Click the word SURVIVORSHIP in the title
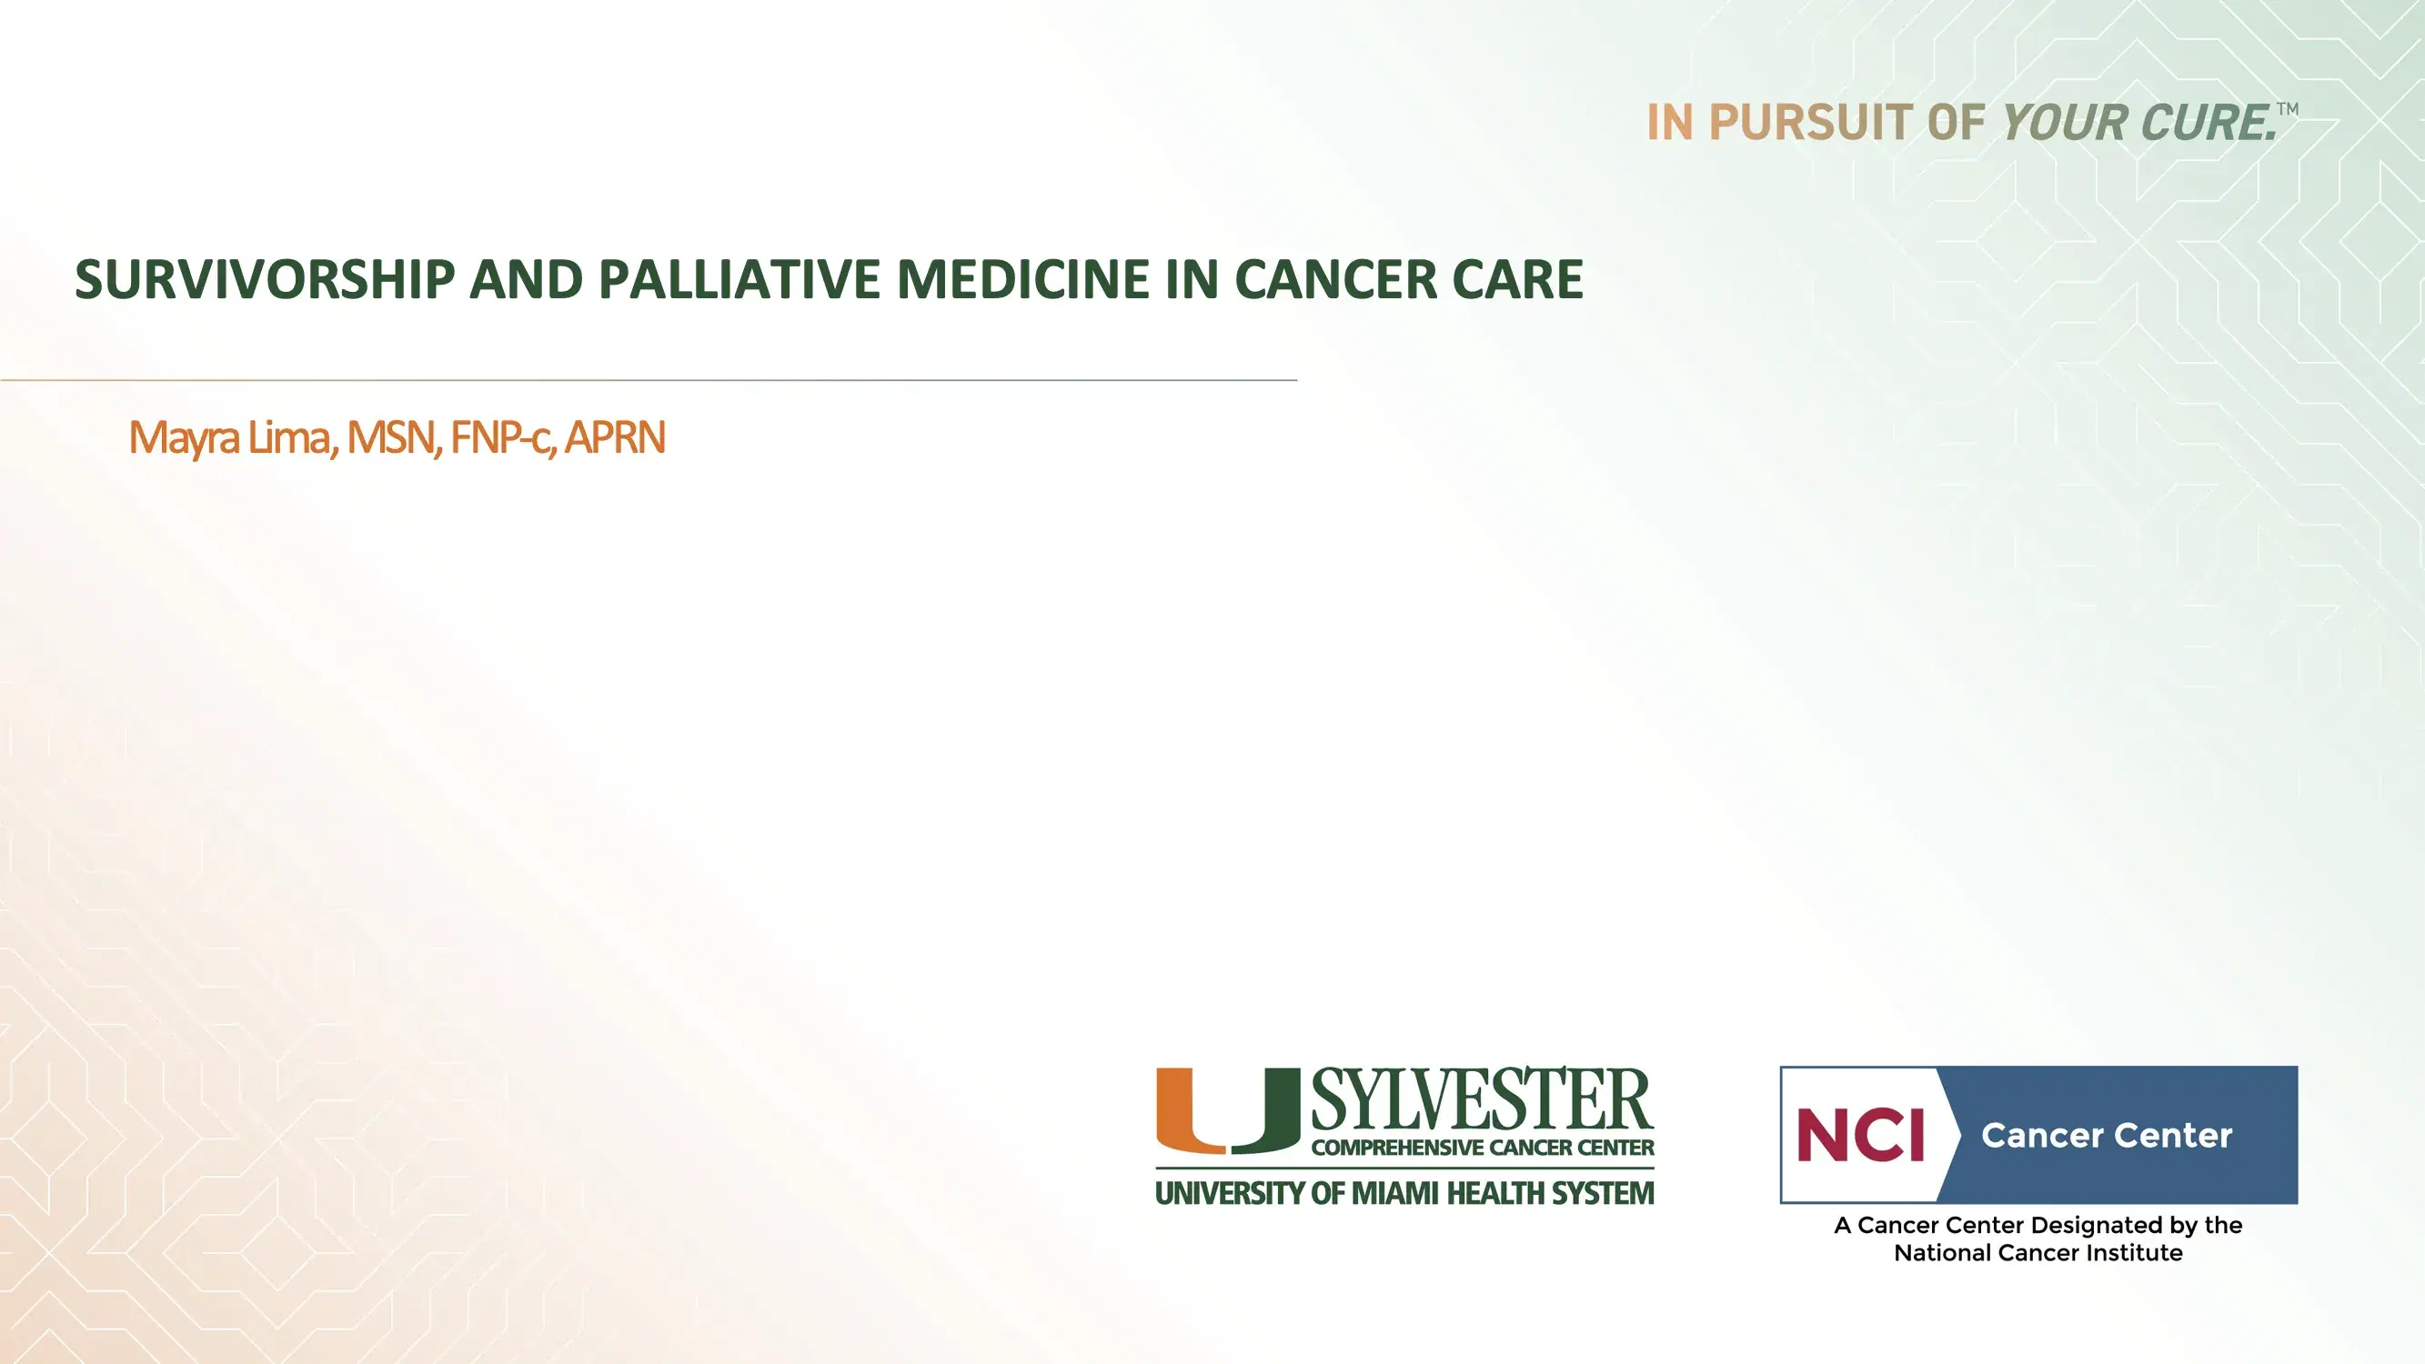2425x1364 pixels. point(265,279)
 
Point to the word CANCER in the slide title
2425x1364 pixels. point(1335,279)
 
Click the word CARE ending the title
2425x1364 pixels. point(1517,279)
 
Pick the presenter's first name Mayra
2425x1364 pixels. point(184,437)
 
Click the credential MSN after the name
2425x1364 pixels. point(393,437)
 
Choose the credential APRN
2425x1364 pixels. point(615,437)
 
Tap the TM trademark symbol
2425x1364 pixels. point(2288,109)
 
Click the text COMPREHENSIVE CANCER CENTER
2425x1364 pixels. point(1482,1148)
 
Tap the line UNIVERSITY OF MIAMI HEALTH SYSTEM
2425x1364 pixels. point(1404,1193)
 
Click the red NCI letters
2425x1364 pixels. point(1860,1135)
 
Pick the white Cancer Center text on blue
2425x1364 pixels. point(2106,1135)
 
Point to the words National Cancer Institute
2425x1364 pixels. point(2038,1253)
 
